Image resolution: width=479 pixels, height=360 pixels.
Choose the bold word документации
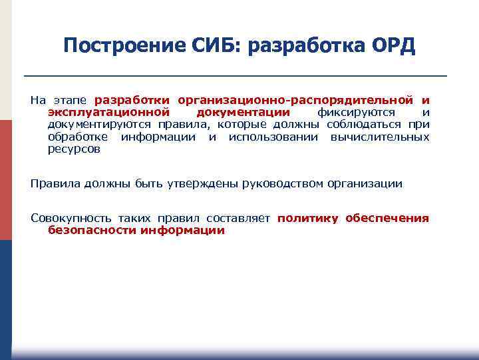pos(243,113)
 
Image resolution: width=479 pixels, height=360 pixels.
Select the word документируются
pos(100,125)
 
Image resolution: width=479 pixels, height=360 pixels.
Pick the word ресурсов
pos(74,149)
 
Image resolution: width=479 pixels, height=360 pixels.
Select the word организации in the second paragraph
pos(364,183)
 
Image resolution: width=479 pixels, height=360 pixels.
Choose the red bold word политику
pos(308,219)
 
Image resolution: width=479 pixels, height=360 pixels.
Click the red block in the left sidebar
pos(5,180)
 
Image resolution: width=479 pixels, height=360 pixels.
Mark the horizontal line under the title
pos(235,75)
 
